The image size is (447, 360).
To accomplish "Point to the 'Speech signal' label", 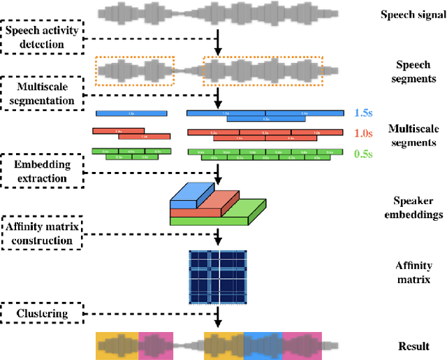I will click(x=411, y=14).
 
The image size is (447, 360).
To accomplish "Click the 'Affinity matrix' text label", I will click(x=413, y=273).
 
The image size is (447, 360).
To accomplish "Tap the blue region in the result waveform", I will click(x=262, y=345).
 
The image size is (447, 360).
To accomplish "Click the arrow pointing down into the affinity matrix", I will click(x=218, y=237).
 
